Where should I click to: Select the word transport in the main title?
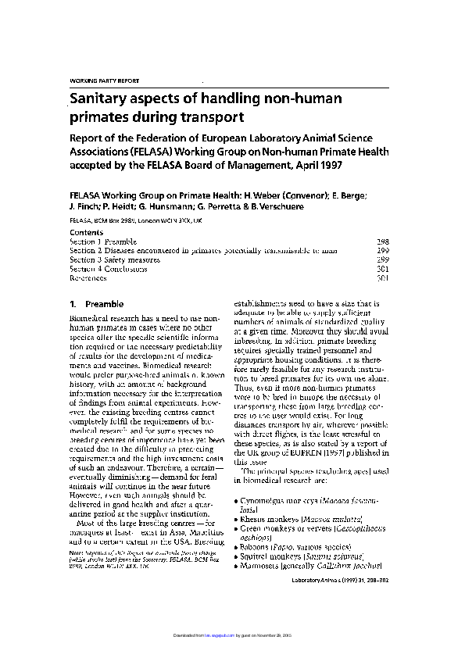211,117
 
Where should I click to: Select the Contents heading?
87,233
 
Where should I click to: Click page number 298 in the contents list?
383,242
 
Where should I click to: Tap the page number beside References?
383,277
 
